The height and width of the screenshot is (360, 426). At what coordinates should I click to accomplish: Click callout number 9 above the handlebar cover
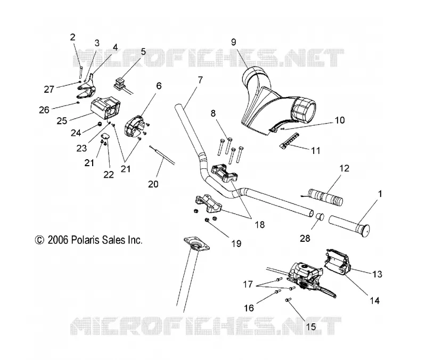pyautogui.click(x=234, y=42)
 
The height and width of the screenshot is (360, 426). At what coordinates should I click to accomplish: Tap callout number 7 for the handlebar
pyautogui.click(x=200, y=80)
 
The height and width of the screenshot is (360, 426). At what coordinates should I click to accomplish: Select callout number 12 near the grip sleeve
pyautogui.click(x=344, y=168)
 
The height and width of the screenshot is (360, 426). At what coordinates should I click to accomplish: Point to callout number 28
pyautogui.click(x=305, y=238)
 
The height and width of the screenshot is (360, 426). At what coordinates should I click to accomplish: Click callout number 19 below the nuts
pyautogui.click(x=236, y=243)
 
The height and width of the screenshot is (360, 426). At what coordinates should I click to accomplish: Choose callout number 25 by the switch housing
pyautogui.click(x=62, y=121)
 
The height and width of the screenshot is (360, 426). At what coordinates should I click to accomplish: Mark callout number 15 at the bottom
pyautogui.click(x=311, y=326)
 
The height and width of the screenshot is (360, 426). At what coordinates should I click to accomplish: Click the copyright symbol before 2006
pyautogui.click(x=39, y=240)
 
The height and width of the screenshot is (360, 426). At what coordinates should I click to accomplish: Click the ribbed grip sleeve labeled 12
pyautogui.click(x=325, y=197)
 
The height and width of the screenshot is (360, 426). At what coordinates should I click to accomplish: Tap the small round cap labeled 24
pyautogui.click(x=100, y=124)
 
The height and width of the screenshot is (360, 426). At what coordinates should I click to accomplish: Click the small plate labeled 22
pyautogui.click(x=105, y=136)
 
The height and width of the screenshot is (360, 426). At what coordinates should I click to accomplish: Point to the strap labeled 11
pyautogui.click(x=289, y=140)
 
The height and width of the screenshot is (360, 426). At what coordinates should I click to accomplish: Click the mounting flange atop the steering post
pyautogui.click(x=196, y=244)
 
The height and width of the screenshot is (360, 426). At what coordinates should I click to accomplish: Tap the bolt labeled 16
pyautogui.click(x=277, y=292)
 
